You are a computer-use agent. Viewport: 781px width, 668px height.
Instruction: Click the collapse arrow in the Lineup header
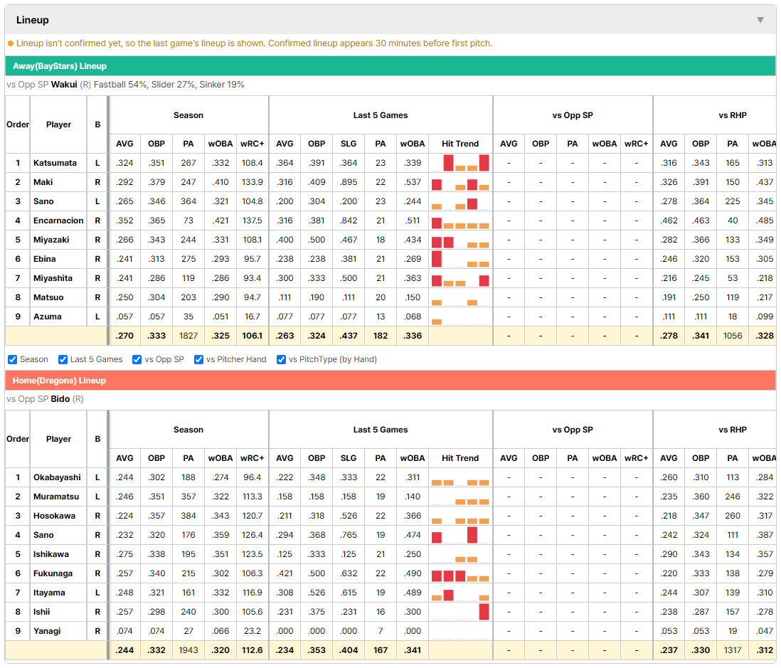tap(760, 20)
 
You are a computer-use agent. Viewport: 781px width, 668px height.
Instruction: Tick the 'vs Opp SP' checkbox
tap(137, 360)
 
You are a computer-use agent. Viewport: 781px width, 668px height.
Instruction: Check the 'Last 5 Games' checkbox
tap(63, 360)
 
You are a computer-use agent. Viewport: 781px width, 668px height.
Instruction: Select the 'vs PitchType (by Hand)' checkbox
tap(282, 360)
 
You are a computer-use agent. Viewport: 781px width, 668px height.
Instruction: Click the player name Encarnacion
tap(58, 221)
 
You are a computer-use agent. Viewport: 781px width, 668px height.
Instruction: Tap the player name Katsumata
tap(55, 163)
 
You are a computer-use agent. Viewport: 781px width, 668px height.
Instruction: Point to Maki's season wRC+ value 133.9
tap(252, 182)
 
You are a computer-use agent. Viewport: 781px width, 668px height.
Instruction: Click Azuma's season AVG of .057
tap(124, 317)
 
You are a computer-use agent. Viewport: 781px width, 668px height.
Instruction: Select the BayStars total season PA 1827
tap(188, 336)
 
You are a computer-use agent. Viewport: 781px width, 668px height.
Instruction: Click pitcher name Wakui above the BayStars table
tap(64, 85)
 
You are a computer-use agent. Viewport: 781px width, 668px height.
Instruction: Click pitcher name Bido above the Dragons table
tap(60, 399)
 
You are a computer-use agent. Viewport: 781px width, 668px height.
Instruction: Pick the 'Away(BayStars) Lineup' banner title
tap(60, 66)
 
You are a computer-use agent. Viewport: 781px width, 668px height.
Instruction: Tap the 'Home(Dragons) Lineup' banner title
tap(59, 381)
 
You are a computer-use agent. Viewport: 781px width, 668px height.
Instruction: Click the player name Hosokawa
tap(54, 516)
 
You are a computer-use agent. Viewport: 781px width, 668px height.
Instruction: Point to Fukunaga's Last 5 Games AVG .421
tap(285, 573)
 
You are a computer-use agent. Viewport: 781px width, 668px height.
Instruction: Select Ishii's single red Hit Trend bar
tap(484, 612)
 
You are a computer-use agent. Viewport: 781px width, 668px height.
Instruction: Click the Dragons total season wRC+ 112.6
tap(252, 650)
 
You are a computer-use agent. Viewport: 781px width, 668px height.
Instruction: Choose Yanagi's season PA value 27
tap(188, 631)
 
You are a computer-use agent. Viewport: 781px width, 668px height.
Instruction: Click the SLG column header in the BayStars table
tap(348, 144)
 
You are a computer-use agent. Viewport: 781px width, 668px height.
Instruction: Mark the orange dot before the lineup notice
tap(11, 43)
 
